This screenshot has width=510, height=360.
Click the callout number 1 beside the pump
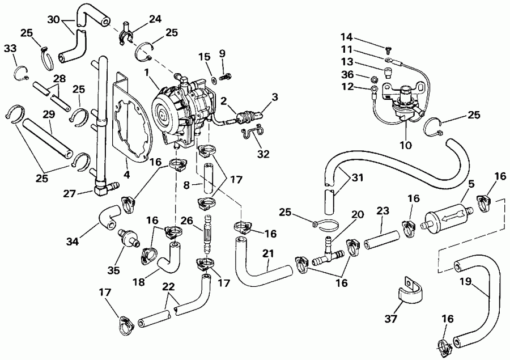click(146, 73)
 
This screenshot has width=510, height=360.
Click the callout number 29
click(48, 115)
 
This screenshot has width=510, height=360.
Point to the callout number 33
click(10, 50)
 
